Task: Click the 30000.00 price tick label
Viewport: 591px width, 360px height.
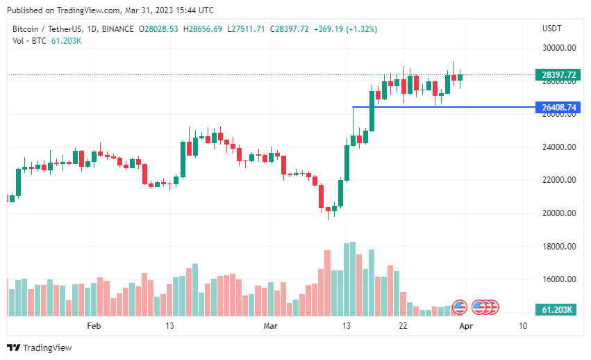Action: point(559,48)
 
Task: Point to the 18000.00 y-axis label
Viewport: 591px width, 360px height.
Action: point(559,246)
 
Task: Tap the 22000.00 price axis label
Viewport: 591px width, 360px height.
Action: point(559,180)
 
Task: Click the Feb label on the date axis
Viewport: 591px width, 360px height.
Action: point(94,325)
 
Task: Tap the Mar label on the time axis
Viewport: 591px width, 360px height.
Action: point(270,325)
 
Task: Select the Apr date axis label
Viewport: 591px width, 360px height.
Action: point(467,325)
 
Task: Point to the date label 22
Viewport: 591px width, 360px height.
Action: point(403,325)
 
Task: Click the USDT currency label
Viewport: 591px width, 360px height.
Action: point(551,28)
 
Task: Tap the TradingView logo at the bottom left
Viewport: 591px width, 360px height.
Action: point(40,347)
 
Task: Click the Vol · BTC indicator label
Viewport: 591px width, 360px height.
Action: point(28,41)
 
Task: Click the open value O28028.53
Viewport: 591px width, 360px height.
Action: point(159,28)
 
